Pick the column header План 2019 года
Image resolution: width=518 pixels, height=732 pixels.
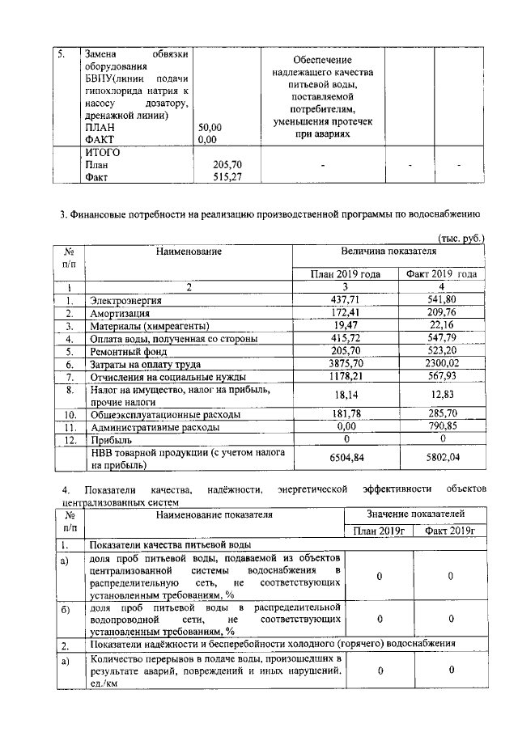[x=346, y=274]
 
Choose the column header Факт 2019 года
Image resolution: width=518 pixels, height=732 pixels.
[x=441, y=274]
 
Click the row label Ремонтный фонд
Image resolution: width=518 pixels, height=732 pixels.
[x=128, y=352]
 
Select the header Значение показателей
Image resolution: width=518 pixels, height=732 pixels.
[x=416, y=514]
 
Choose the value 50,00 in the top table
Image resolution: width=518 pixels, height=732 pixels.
[x=210, y=127]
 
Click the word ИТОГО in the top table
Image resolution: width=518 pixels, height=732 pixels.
[x=103, y=152]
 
